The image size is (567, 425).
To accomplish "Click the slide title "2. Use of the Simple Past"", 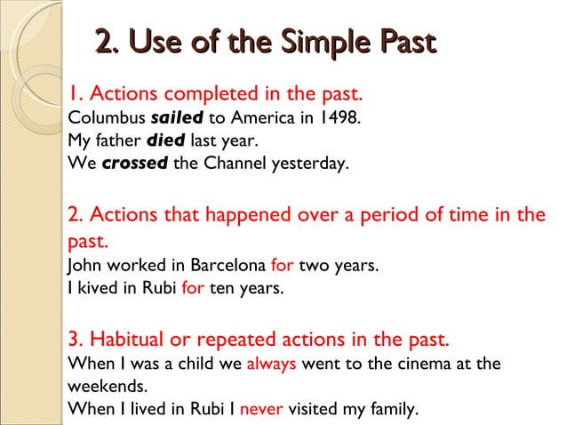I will click(x=266, y=42).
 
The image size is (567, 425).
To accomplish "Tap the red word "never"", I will click(x=260, y=410).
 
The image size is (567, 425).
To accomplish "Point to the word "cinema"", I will click(x=419, y=364).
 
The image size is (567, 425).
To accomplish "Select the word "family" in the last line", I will click(x=390, y=410).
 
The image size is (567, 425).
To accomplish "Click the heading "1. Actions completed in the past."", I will click(x=216, y=93).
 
